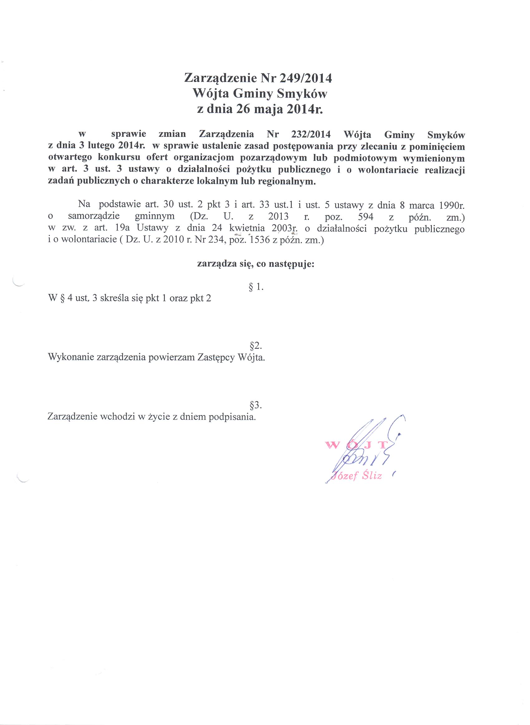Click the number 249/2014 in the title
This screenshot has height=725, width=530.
pyautogui.click(x=306, y=78)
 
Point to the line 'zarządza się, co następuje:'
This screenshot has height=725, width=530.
pyautogui.click(x=255, y=264)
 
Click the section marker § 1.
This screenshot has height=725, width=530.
pyautogui.click(x=256, y=287)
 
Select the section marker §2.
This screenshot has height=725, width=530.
pyautogui.click(x=256, y=346)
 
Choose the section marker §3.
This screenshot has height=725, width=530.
pyautogui.click(x=256, y=406)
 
